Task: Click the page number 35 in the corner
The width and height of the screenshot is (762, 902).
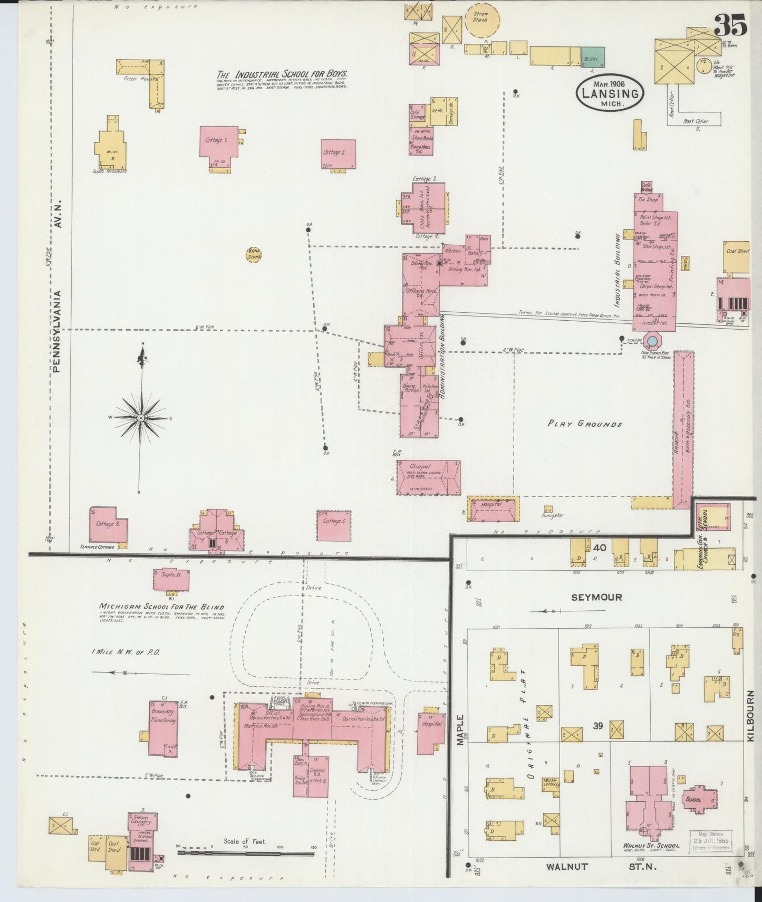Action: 730,25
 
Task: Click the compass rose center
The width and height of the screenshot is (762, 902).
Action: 141,418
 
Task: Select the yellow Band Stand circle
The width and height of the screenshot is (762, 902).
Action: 254,255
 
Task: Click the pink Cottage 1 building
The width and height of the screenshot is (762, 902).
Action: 218,142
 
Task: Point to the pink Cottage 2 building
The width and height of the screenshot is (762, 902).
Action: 338,154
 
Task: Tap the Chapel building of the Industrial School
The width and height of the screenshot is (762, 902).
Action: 428,477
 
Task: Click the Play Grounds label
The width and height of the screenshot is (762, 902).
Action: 584,424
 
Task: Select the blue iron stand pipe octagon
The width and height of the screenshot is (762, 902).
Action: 651,340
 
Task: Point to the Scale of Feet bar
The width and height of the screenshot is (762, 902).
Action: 246,852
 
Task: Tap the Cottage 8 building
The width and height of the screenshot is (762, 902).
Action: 108,524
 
